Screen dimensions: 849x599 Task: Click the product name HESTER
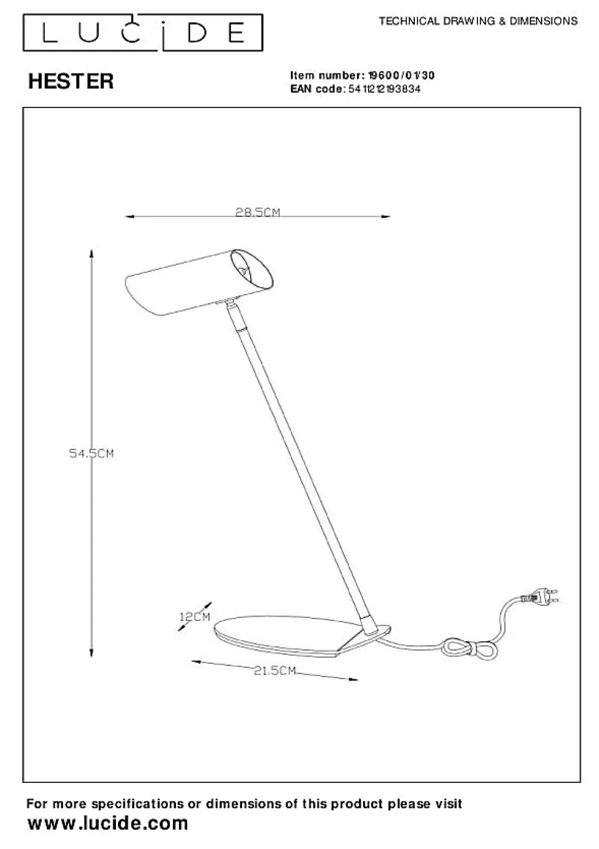tap(71, 81)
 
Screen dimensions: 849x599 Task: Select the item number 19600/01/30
tap(401, 75)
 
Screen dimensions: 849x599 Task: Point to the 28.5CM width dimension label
tap(258, 213)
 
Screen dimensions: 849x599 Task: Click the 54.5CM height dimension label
tap(91, 454)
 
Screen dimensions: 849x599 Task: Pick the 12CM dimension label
tap(195, 617)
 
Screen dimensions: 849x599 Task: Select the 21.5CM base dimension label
tap(275, 670)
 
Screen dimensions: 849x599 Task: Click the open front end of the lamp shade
tap(251, 272)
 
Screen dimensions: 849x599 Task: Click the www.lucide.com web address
tap(108, 823)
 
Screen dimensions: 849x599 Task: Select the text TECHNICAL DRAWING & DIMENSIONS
tap(478, 21)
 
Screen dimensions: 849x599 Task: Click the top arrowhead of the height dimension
tap(91, 254)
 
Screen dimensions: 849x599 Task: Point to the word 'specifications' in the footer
tap(138, 804)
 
